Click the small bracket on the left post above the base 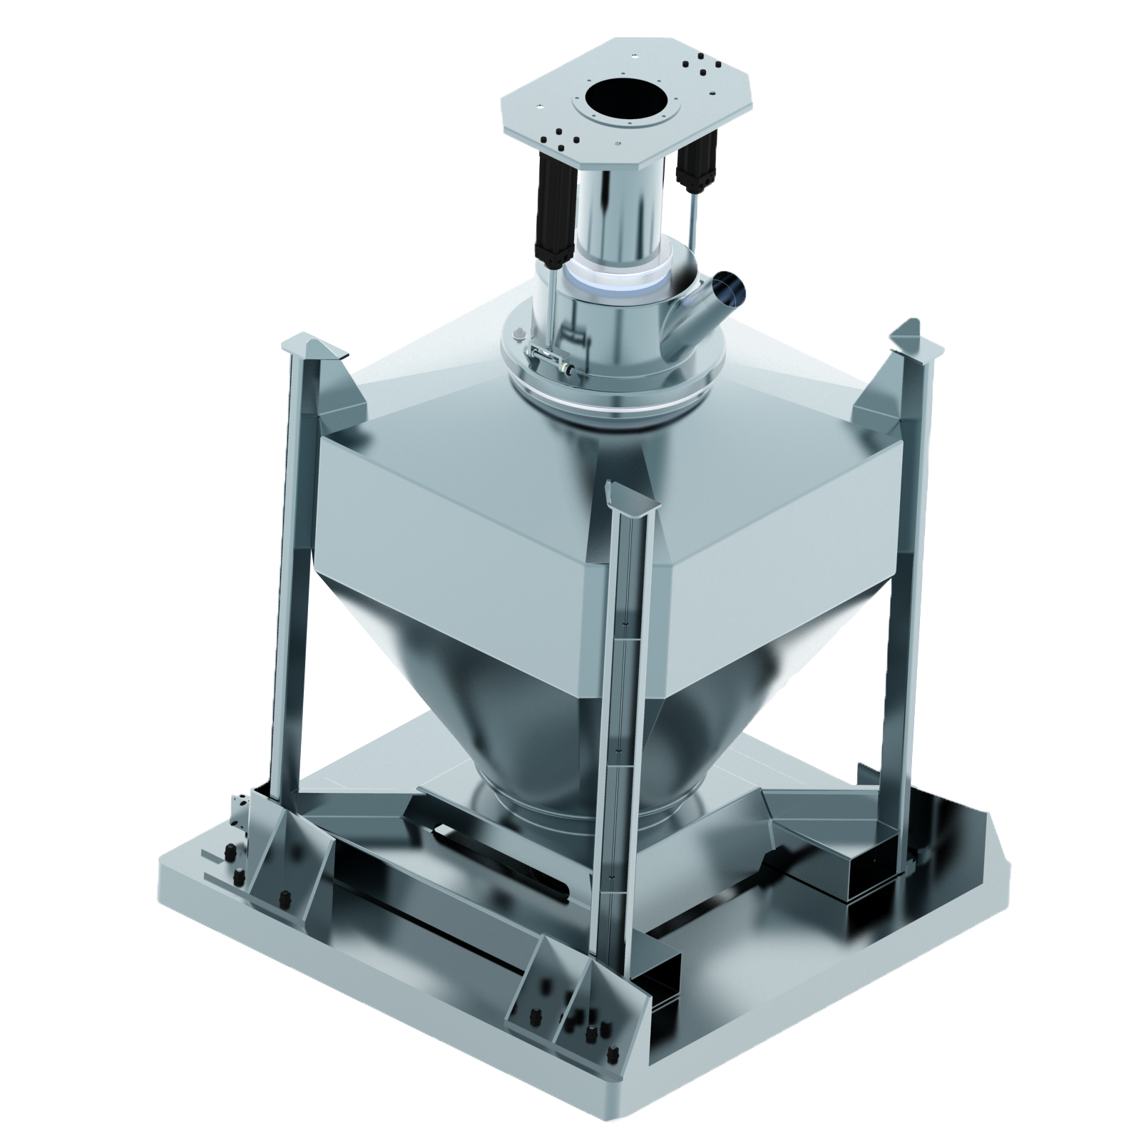240,813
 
